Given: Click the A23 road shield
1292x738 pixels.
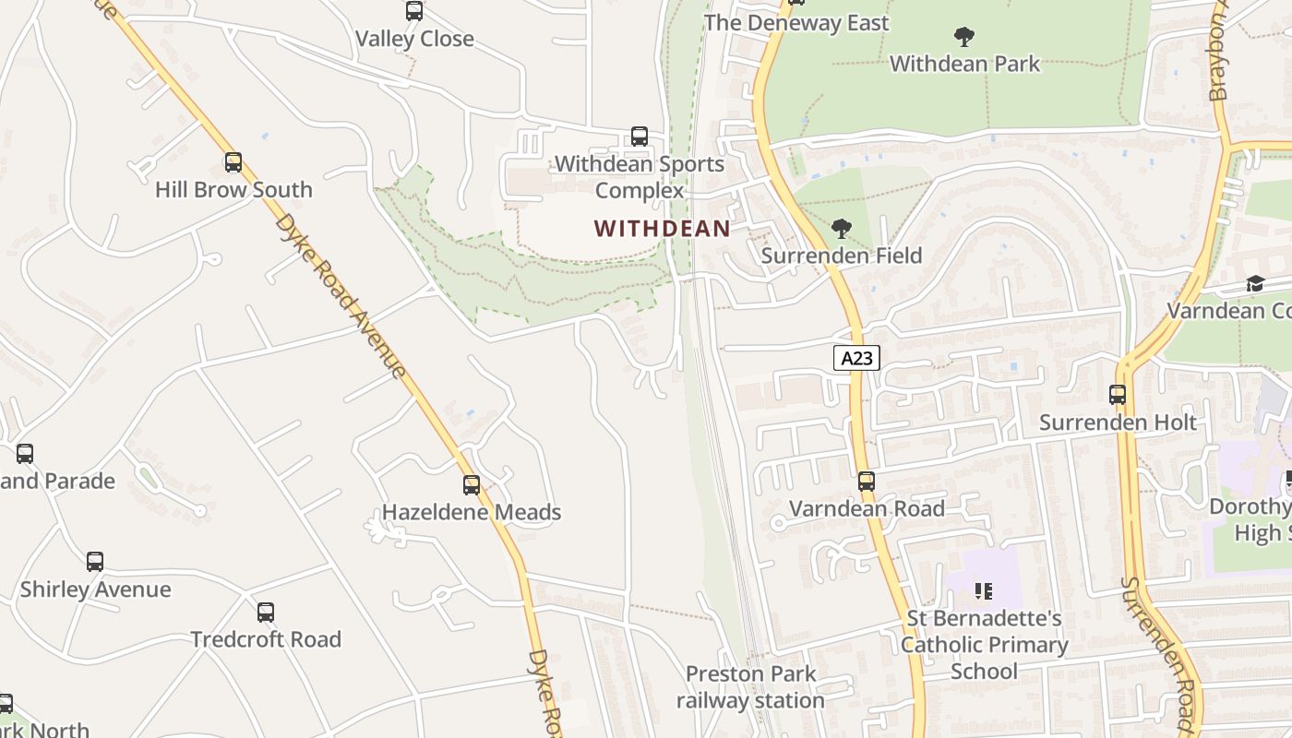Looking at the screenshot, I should [x=856, y=358].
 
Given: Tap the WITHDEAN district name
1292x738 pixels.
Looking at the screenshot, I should [x=662, y=228].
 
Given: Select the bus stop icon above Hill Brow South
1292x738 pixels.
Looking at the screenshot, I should [x=233, y=162].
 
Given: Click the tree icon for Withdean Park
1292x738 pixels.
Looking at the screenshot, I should [x=964, y=37].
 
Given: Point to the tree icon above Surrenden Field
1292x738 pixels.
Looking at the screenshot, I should [x=841, y=228].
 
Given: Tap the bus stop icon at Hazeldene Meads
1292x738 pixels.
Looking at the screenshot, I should [x=472, y=484].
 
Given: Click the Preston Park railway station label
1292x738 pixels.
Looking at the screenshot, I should [x=750, y=687].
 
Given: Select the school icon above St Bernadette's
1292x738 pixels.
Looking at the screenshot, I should [x=984, y=590].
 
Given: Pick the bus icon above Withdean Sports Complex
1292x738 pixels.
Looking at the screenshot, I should [x=640, y=137].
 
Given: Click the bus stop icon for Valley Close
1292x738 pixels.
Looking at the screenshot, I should [x=414, y=11].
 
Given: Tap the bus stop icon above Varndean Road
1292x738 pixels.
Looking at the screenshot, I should [x=866, y=481].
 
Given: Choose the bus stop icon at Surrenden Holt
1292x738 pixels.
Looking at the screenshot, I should [x=1118, y=395].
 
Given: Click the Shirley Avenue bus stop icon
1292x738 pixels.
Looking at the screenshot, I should [x=95, y=562].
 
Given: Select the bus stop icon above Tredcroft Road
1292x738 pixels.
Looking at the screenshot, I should [x=266, y=612].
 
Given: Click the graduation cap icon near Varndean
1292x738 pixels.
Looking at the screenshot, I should [x=1255, y=283].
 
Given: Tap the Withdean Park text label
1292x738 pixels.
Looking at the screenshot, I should [x=964, y=64].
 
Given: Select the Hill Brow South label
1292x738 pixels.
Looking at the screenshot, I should [x=233, y=190].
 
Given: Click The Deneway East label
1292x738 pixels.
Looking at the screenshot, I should [x=796, y=23].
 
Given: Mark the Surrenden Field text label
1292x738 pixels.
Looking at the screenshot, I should [x=841, y=256].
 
